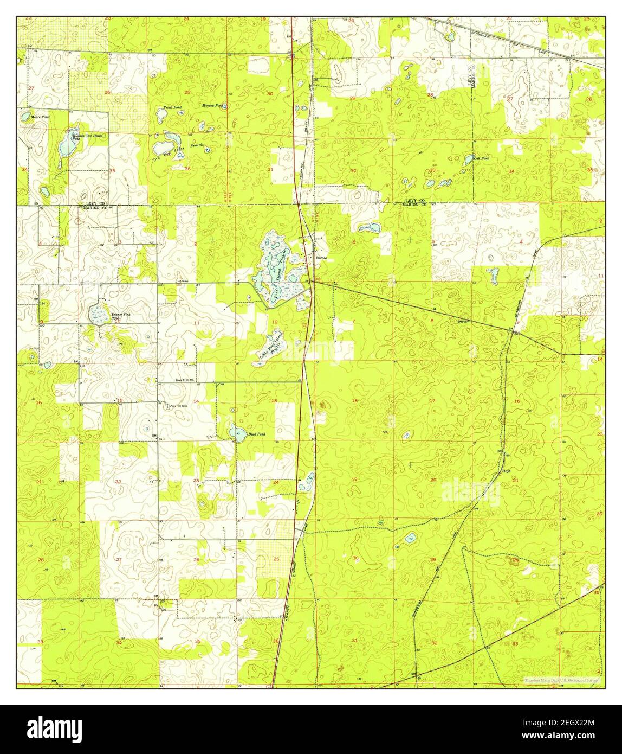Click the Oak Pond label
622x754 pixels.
482,158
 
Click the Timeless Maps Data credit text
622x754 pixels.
561,679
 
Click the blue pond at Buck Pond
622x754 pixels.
237,432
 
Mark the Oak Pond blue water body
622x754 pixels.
468,160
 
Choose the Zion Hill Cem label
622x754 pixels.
179,406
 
